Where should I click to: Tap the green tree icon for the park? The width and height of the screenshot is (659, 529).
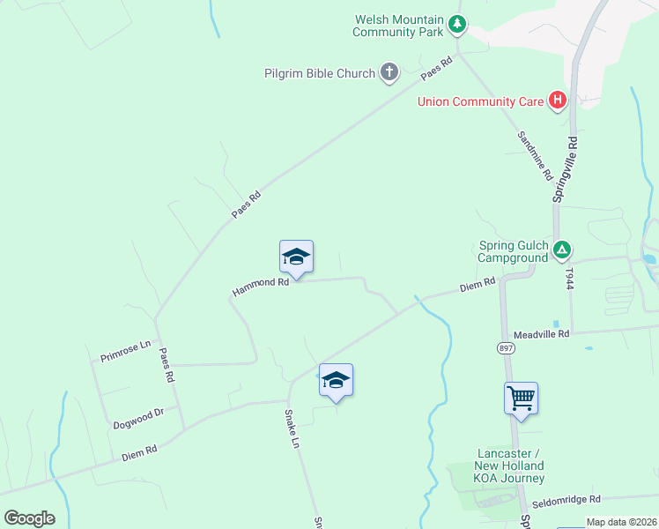coord(456,25)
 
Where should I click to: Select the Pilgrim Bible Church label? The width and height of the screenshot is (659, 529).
coord(320,73)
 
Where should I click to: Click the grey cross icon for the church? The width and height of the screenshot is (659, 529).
coord(389,73)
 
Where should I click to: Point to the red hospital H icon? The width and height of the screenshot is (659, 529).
coord(557,101)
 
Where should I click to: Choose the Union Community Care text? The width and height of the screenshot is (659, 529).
coord(480,101)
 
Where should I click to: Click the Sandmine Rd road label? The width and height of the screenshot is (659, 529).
coord(534,152)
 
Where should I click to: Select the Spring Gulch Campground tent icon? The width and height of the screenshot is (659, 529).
coord(563,252)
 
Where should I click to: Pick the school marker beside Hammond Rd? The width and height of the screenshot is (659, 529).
coord(296,257)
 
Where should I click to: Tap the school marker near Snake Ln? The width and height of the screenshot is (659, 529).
coord(336,381)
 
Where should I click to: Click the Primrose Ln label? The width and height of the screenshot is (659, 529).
coord(126,346)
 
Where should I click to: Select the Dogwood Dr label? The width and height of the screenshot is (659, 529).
coord(138,419)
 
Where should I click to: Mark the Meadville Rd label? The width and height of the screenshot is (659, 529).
coord(541,334)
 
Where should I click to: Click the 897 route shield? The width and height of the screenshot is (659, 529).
coord(506,349)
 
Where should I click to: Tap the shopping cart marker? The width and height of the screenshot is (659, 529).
coord(521,399)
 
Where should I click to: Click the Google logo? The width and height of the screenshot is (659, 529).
coord(29,518)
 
